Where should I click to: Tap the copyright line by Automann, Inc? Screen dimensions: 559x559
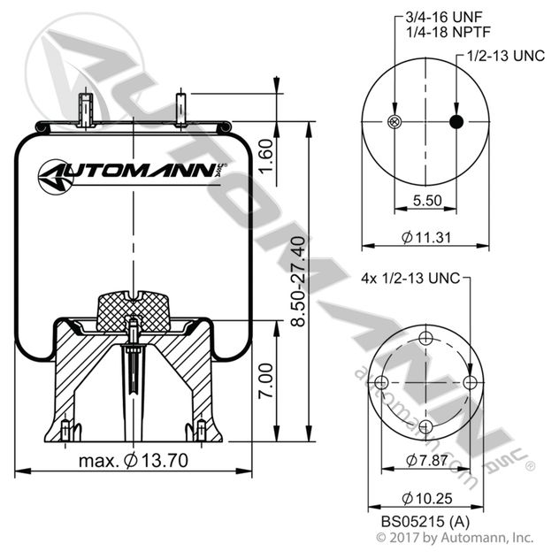click(456, 537)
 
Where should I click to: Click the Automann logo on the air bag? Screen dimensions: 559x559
click(130, 171)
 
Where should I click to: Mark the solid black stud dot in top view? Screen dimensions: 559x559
click(456, 122)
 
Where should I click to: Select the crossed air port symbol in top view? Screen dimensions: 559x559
click(394, 122)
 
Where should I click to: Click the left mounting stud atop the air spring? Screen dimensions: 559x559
click(88, 110)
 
